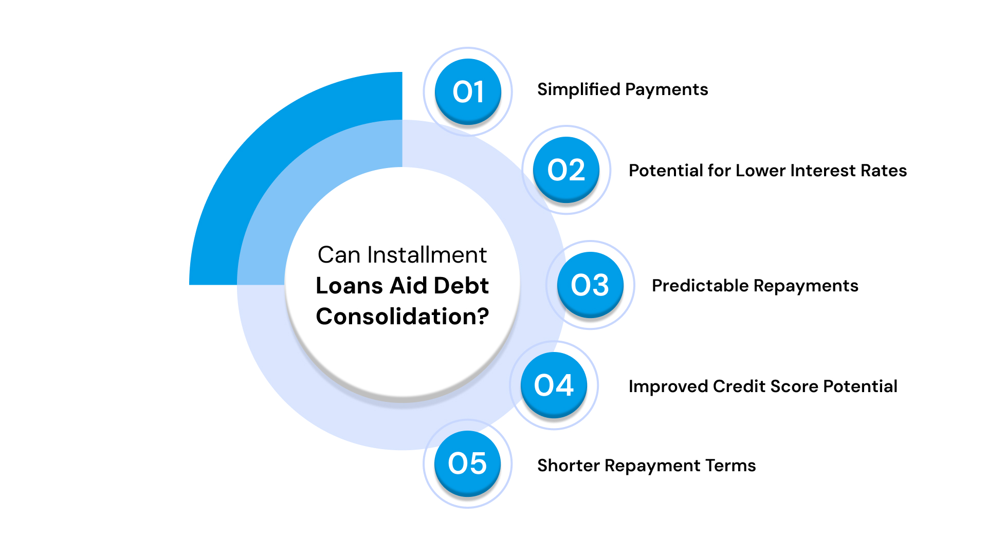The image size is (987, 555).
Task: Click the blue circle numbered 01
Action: [468, 91]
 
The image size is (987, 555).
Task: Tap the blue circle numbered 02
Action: [566, 170]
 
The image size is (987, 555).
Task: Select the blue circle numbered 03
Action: [590, 285]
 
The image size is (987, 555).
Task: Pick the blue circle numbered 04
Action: [554, 385]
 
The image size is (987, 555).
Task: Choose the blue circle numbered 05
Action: [467, 463]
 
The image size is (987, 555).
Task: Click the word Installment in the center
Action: [427, 255]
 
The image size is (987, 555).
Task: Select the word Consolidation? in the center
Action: [403, 317]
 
